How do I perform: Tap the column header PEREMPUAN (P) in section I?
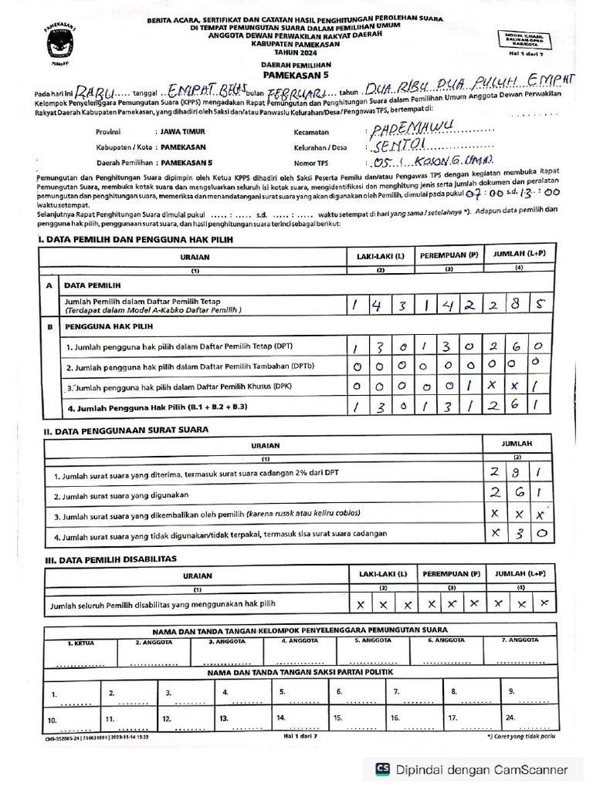click(x=449, y=255)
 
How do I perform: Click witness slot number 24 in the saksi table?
click(x=510, y=717)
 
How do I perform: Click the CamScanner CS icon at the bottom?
click(x=381, y=768)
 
